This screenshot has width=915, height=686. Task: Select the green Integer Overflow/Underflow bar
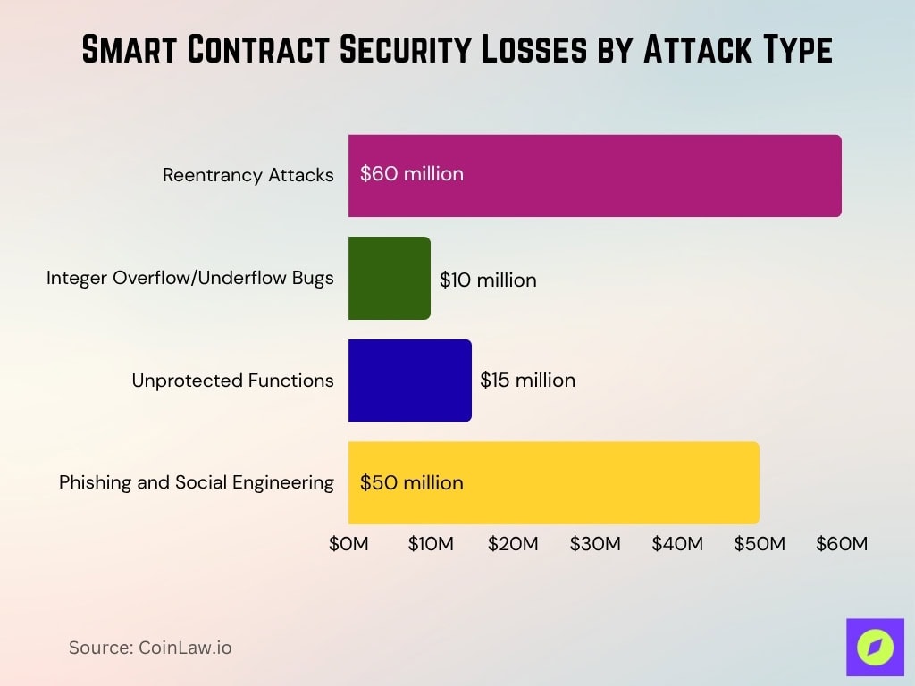coord(390,278)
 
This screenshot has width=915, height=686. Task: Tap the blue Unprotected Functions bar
coord(409,381)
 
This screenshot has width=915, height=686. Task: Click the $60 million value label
coord(412,174)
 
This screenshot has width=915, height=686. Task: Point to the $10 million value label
coord(488,280)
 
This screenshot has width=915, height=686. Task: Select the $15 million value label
coord(527,380)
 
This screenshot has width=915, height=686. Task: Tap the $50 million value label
coord(412,483)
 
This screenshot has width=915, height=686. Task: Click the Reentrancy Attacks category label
coord(248,175)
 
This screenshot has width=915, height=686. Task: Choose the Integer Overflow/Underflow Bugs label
coord(190,278)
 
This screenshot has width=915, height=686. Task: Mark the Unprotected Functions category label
coord(232,381)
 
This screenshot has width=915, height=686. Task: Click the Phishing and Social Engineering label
coord(197,482)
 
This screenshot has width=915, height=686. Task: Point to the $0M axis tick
coord(348,544)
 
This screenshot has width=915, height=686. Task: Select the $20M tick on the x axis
coord(513,544)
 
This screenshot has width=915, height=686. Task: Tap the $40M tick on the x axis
coord(677,544)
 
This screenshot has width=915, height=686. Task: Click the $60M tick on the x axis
coord(842,544)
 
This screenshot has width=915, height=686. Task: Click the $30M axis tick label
coord(595,544)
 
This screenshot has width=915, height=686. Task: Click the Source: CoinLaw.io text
coord(150,648)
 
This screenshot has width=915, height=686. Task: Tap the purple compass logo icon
coord(875,647)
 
